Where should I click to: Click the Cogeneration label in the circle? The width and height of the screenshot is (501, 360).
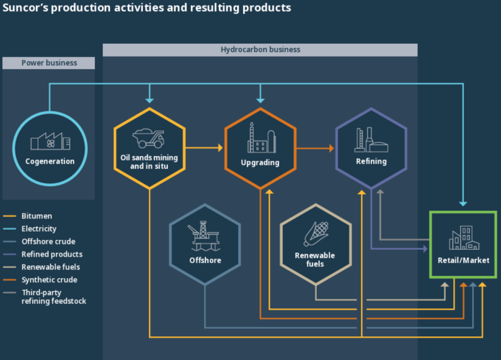[x=50, y=161]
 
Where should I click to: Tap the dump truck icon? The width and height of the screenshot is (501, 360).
[x=149, y=138]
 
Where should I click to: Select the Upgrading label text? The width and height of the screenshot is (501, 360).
[x=260, y=162]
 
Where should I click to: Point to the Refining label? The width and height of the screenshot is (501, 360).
[x=371, y=161]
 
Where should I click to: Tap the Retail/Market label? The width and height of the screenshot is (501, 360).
[x=463, y=260]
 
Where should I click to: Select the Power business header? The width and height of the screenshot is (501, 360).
[x=49, y=63]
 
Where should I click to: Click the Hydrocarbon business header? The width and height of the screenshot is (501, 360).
[x=260, y=50]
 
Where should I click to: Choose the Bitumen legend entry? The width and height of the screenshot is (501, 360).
[x=37, y=216]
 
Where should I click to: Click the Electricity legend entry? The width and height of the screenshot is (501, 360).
[x=39, y=229]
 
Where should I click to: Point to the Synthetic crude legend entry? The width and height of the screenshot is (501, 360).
[x=49, y=280]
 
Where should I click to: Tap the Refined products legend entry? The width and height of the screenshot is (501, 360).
[x=52, y=254]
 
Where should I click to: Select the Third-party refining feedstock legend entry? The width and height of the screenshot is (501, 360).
[x=53, y=297]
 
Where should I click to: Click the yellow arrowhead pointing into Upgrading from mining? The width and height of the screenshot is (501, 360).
[x=220, y=148]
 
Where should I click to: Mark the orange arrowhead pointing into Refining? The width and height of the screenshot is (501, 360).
[x=331, y=148]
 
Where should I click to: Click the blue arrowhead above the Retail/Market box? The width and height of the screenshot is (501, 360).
[x=463, y=203]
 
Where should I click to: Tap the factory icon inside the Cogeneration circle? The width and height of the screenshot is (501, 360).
[x=50, y=142]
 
